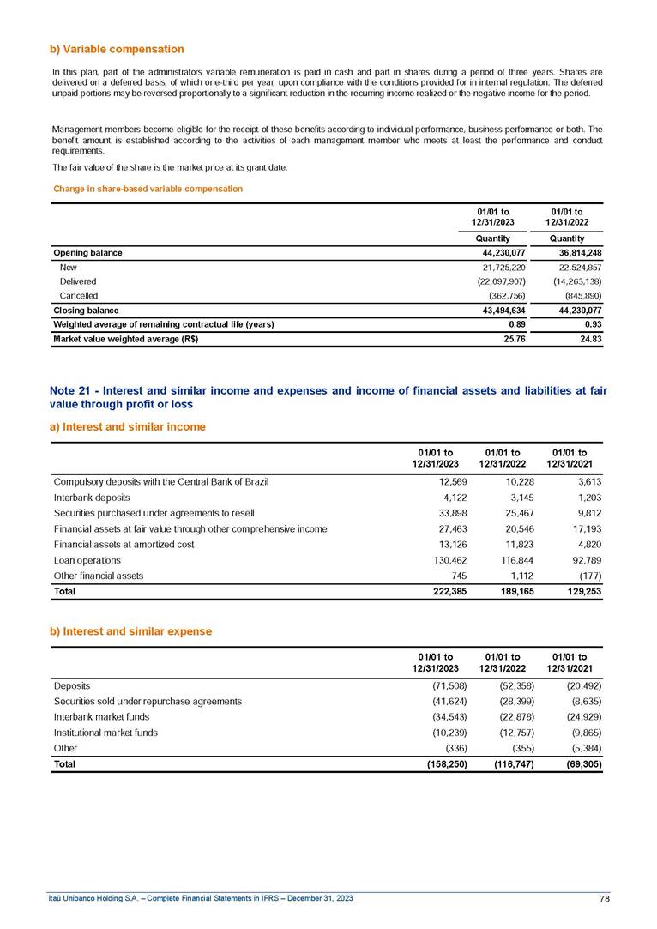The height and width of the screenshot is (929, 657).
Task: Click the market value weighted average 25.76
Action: point(513,339)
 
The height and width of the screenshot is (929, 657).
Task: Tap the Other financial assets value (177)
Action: point(588,576)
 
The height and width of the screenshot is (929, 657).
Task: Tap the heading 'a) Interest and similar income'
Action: point(129,426)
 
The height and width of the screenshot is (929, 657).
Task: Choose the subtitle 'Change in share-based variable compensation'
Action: point(148,189)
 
